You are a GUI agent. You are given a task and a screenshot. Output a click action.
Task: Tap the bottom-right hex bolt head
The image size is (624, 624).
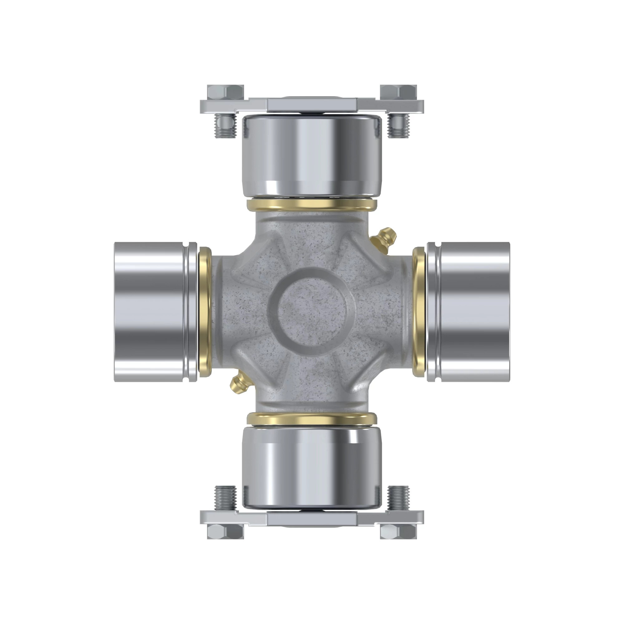(x=398, y=531)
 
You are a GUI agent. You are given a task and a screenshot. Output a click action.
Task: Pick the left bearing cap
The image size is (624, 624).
(x=150, y=312)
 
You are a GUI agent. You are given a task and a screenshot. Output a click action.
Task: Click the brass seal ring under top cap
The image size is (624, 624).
(x=312, y=205)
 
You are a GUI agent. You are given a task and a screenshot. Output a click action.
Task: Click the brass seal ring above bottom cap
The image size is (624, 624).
(x=312, y=419)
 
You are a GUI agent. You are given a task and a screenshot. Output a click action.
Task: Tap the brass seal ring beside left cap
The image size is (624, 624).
(x=204, y=312)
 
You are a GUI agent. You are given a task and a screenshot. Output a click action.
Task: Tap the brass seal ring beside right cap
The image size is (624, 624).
(x=419, y=312)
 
